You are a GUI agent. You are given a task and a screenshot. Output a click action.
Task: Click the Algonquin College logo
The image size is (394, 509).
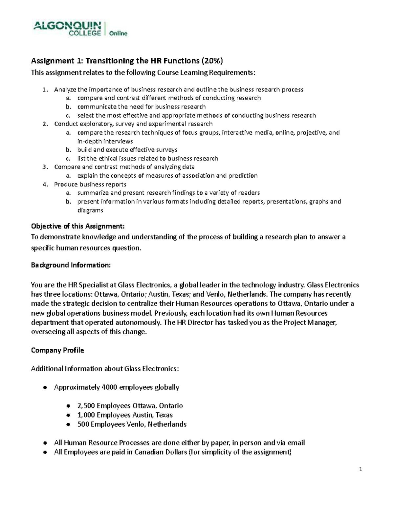(x=67, y=28)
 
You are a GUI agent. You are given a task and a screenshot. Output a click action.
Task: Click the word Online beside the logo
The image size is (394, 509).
(x=118, y=33)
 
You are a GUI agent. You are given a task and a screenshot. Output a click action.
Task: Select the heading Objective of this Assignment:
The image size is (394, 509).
(x=78, y=226)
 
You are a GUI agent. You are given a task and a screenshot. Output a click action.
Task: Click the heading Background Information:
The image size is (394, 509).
(x=71, y=265)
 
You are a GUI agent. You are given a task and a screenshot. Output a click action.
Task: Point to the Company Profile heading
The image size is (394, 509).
(x=57, y=350)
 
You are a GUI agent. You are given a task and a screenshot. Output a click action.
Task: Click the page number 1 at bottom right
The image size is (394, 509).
(x=361, y=470)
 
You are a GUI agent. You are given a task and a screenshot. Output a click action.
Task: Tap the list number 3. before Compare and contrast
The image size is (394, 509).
(x=45, y=167)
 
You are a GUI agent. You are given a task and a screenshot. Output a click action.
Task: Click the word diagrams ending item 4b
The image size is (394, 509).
(x=90, y=210)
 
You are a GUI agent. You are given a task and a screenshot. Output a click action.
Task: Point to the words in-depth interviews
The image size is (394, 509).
(x=105, y=141)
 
